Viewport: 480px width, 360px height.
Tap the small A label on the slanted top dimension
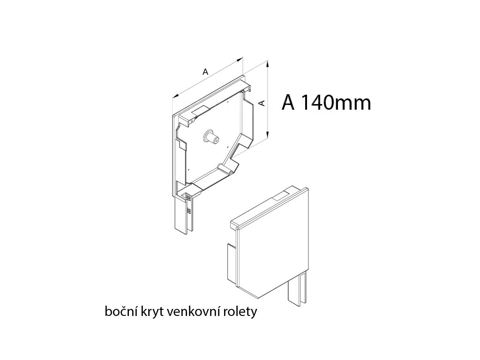click(x=204, y=72)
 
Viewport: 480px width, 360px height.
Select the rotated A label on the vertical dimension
click(x=262, y=103)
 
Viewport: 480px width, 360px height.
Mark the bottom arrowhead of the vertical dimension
click(x=268, y=137)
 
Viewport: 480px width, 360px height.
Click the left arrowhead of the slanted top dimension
click(x=174, y=96)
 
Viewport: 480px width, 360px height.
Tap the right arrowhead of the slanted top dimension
click(x=241, y=59)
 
